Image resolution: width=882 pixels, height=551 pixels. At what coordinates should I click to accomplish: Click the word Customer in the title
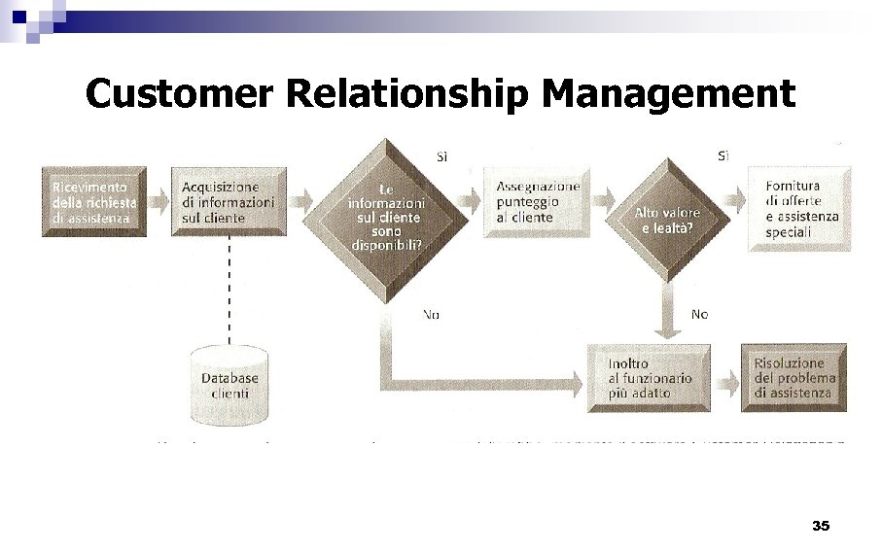[181, 94]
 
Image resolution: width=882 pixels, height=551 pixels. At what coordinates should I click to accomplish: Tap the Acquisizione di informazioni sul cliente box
[229, 202]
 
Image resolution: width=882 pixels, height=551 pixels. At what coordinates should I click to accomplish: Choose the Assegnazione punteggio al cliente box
[538, 202]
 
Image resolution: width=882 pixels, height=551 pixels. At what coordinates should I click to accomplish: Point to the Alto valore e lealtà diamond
[666, 220]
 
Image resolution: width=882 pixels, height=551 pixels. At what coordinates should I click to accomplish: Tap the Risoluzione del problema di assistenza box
[793, 377]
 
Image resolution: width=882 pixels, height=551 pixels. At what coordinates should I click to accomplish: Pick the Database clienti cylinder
[229, 385]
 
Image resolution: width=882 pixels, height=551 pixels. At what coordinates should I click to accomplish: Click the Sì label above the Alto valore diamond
[723, 155]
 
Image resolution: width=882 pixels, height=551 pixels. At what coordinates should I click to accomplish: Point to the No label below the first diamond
[430, 314]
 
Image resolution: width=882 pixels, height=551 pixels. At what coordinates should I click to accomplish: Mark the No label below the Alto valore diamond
[699, 314]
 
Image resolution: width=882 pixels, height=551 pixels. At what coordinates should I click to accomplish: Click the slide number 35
[820, 526]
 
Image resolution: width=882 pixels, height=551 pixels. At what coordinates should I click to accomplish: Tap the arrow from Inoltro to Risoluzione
[725, 378]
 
